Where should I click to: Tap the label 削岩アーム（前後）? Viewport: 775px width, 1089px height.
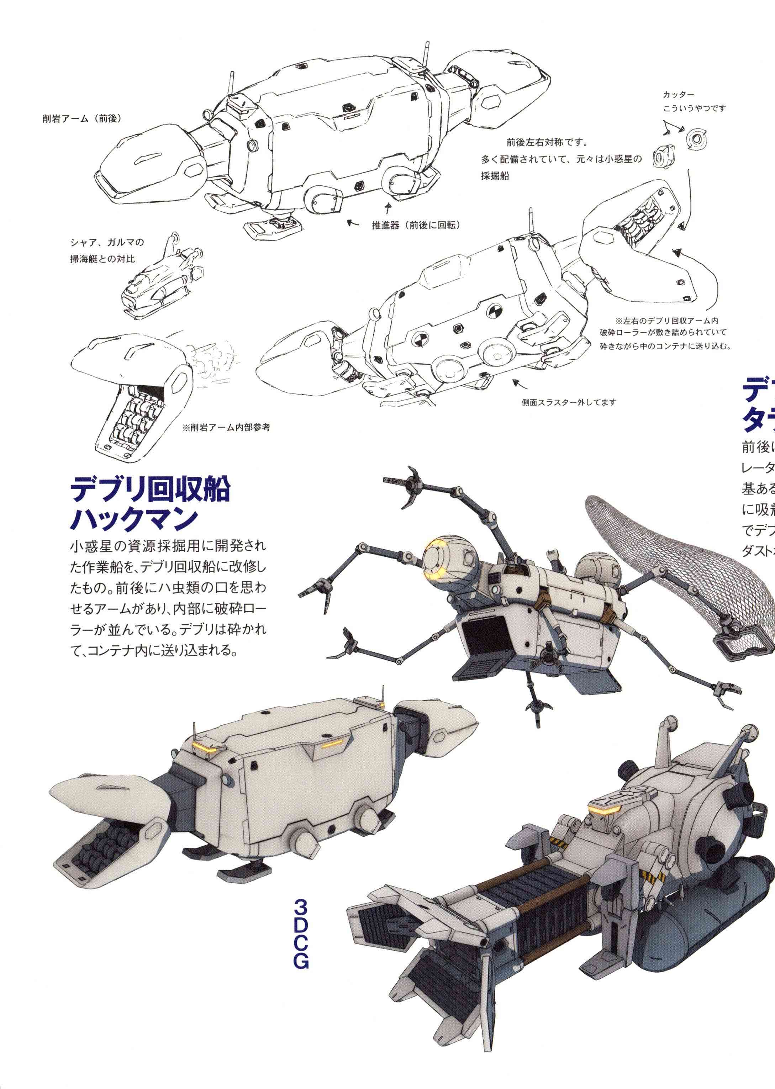[81, 118]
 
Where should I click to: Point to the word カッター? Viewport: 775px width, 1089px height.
[678, 95]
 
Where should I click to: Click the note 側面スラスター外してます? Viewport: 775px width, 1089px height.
[569, 402]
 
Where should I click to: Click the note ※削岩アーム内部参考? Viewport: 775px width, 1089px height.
[226, 427]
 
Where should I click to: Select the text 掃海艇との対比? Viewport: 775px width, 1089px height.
[102, 259]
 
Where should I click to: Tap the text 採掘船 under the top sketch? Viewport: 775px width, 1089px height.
[495, 175]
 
